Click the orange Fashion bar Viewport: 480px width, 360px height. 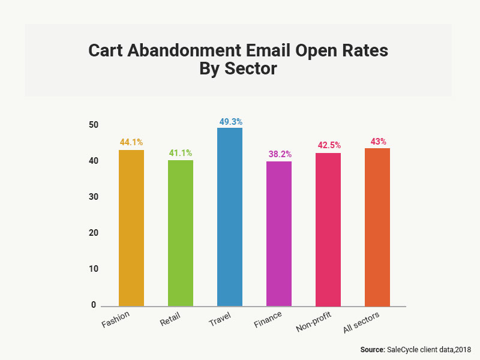131,228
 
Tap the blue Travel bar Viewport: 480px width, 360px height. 230,217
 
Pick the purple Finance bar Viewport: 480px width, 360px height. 279,233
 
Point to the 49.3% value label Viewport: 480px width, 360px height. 230,121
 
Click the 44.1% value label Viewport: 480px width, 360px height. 131,143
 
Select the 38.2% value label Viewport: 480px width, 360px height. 279,154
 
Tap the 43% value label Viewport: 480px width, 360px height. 378,141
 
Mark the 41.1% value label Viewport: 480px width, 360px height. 181,153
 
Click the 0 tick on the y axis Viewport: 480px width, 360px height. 94,305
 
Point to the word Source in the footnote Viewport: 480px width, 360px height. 372,349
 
